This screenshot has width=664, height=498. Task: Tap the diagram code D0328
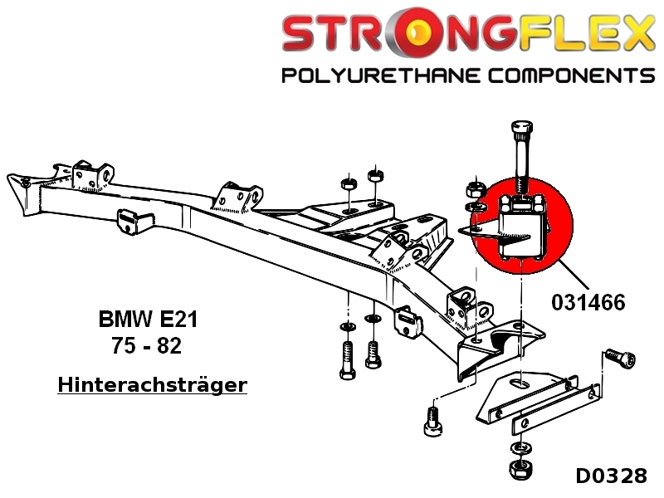pos(610,476)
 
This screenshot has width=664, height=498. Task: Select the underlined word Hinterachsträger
pos(153,385)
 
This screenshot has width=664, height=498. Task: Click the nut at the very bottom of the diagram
pos(521,467)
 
